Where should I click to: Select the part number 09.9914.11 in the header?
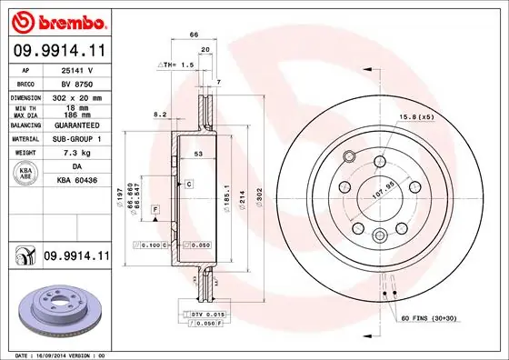56,50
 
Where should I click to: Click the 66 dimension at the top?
194,34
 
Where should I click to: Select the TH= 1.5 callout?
178,65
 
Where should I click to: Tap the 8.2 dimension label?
160,115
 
